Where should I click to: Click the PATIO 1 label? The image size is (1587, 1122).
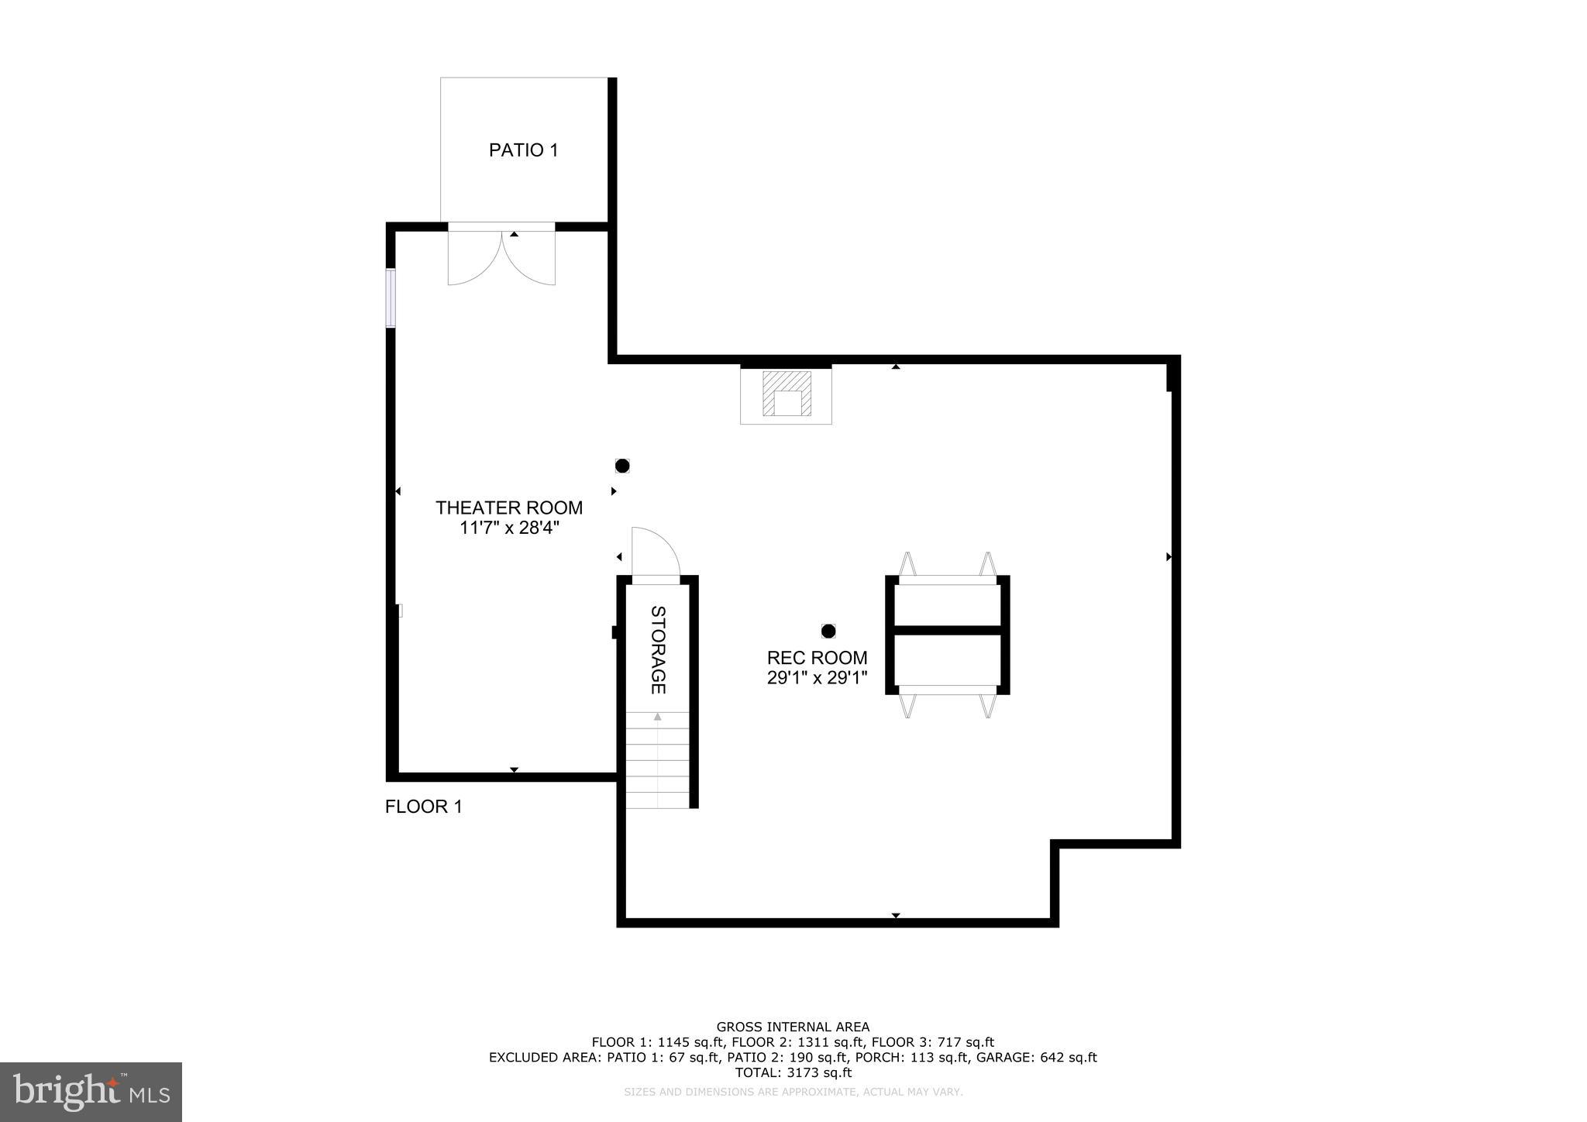pos(523,150)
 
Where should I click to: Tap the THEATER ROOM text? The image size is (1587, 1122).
pos(508,508)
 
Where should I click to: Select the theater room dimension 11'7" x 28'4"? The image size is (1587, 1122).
pos(508,528)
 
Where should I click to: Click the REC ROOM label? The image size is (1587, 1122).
pos(817,658)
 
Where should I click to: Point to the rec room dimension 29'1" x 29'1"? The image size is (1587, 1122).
pos(817,678)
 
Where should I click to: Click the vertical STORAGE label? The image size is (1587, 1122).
pos(657,649)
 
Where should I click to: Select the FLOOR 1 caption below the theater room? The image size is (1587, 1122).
pos(423,807)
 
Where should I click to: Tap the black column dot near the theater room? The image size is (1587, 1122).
pos(622,466)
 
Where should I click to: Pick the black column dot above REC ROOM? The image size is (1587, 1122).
pos(828,631)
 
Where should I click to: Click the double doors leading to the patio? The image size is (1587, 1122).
pos(501,256)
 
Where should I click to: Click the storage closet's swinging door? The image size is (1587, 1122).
pos(655,552)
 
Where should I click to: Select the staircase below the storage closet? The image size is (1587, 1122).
pos(657,761)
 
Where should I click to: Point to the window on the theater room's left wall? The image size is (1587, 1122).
pos(391,298)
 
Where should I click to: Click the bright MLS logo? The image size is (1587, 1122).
pos(91,1092)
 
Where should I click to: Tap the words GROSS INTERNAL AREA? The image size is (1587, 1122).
pos(793,1027)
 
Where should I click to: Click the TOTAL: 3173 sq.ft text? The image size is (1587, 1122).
pos(793,1072)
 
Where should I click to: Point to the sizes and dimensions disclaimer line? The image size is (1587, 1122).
pos(793,1092)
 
